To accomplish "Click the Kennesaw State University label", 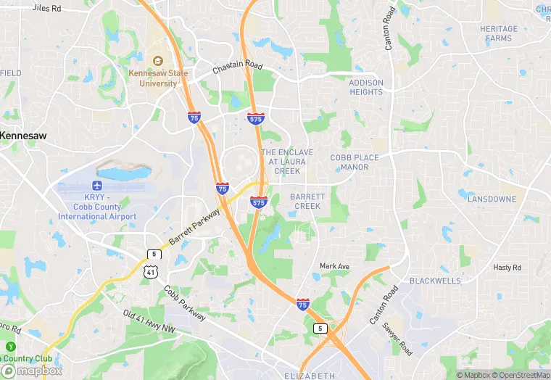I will coord(153,78).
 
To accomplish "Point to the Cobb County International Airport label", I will coord(97,207).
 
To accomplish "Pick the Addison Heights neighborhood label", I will coord(366,87).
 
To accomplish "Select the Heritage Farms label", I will coord(499,33).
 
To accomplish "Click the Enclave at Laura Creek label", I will coord(287,162).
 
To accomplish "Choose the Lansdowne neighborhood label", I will coord(492,199).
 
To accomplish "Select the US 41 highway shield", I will coord(149,271).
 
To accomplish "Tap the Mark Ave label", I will coord(334,266).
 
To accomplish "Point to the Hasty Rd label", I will coord(507,268).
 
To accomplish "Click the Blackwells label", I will coord(435,281).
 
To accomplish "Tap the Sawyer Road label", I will coord(398,339).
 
